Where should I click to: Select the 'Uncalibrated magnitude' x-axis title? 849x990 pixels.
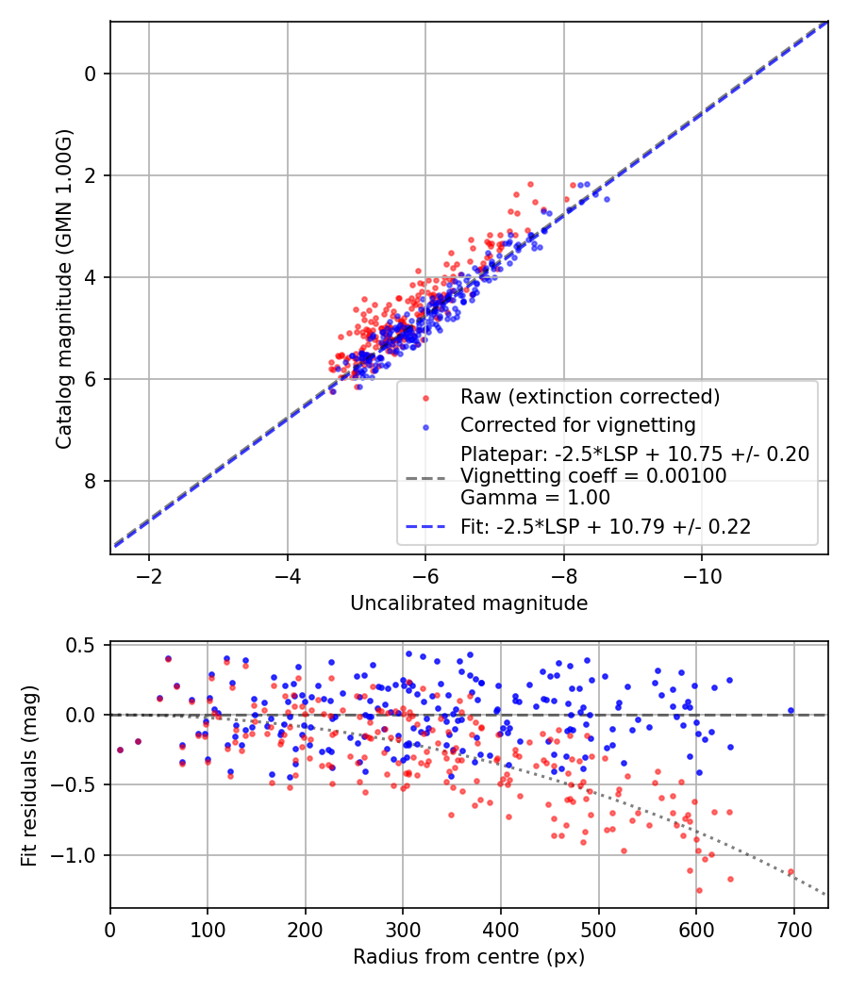tap(469, 603)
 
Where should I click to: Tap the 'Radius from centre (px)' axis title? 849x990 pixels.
tap(469, 957)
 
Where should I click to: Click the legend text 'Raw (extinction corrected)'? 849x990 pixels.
tap(590, 395)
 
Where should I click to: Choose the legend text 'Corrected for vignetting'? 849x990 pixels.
tap(577, 424)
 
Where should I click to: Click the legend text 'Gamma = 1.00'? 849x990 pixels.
tap(535, 498)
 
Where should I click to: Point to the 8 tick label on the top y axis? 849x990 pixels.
tap(91, 481)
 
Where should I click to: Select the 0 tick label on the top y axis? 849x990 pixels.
tap(91, 74)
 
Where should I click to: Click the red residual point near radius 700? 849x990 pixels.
tap(791, 872)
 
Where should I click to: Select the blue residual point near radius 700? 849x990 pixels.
tap(791, 710)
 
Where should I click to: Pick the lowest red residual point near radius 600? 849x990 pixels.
tap(699, 890)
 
